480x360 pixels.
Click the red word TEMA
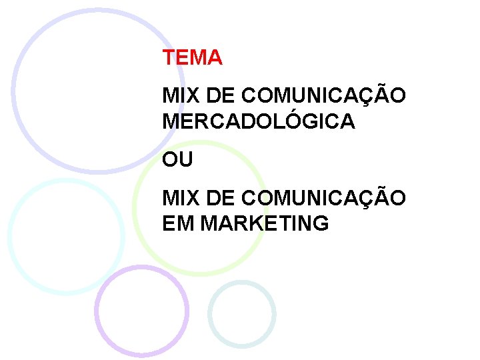[x=192, y=58]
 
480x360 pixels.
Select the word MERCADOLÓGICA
[x=259, y=121]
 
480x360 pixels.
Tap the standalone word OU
[x=177, y=160]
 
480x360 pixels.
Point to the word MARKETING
[x=265, y=223]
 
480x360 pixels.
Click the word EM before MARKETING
[x=178, y=223]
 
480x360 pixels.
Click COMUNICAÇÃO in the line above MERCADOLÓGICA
[x=323, y=96]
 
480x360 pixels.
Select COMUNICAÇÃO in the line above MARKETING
[x=323, y=198]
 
